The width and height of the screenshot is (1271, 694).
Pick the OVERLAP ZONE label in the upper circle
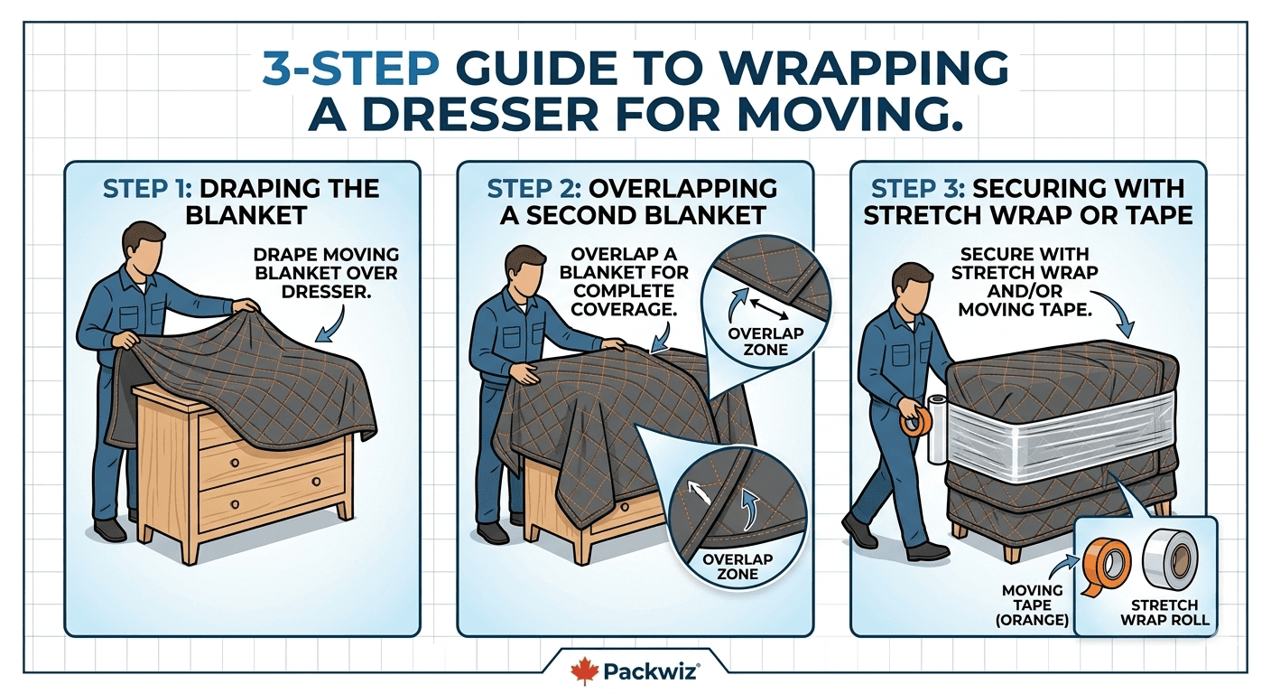pyautogui.click(x=765, y=342)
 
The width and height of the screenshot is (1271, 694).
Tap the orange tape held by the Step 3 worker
pyautogui.click(x=918, y=419)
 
